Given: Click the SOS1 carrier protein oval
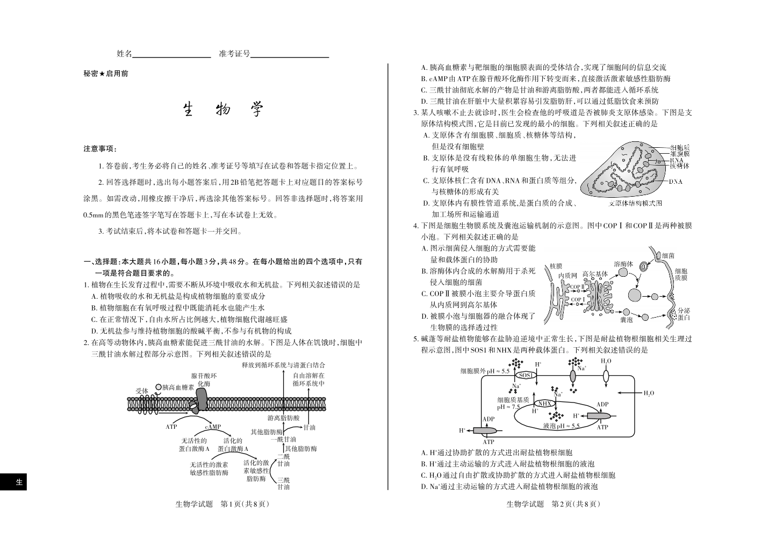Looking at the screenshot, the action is pyautogui.click(x=526, y=375).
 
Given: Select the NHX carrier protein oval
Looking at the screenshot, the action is pyautogui.click(x=544, y=404).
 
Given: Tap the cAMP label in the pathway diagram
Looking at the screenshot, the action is pyautogui.click(x=213, y=427).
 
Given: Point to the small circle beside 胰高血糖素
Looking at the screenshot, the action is pyautogui.click(x=159, y=387).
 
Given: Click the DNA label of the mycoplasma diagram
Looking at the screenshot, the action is pyautogui.click(x=676, y=182).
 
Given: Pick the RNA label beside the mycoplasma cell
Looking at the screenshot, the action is pyautogui.click(x=676, y=160).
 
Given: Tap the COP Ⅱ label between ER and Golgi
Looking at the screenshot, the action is pyautogui.click(x=577, y=287).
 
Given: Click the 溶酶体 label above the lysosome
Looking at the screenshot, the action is pyautogui.click(x=623, y=264).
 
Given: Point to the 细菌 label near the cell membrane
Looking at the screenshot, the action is pyautogui.click(x=669, y=256).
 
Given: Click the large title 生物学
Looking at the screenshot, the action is pyautogui.click(x=223, y=109).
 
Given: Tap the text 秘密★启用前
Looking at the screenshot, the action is pyautogui.click(x=106, y=74).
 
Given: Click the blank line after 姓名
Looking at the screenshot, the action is pyautogui.click(x=171, y=57).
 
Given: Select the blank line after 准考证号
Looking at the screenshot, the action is pyautogui.click(x=290, y=57).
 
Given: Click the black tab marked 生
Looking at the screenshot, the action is pyautogui.click(x=13, y=482).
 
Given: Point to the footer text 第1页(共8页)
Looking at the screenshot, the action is pyautogui.click(x=245, y=504).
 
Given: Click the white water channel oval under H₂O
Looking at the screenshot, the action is pyautogui.click(x=606, y=376).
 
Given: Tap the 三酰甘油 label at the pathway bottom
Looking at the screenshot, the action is pyautogui.click(x=283, y=483).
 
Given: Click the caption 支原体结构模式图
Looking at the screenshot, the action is pyautogui.click(x=635, y=203).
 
